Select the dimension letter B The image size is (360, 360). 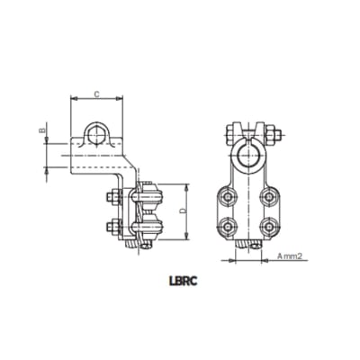coord(41,132)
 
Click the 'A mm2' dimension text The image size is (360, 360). coord(287,256)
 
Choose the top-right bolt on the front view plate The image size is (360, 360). coord(266,195)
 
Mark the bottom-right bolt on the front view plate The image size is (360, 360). coord(266,224)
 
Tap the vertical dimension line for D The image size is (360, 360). coord(187,212)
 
